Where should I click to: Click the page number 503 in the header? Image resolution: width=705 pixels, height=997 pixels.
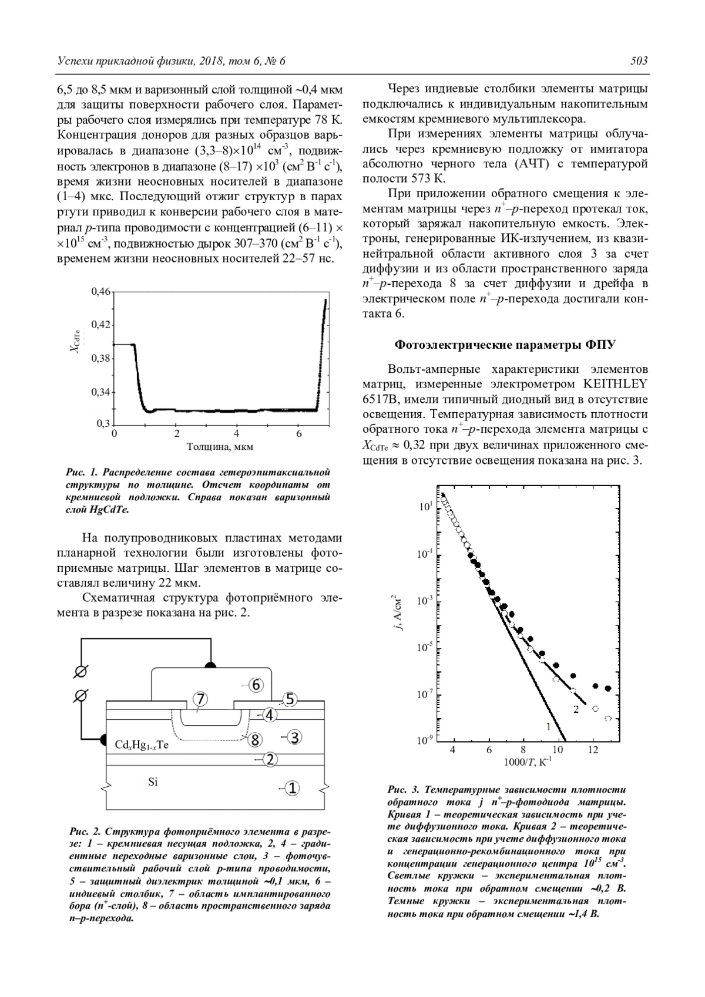[x=639, y=61]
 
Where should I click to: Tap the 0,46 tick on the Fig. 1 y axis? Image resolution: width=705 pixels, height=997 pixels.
[x=100, y=291]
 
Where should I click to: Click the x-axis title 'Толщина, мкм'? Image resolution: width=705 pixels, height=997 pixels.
[x=220, y=446]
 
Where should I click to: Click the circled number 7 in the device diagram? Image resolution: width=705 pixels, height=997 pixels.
[x=200, y=699]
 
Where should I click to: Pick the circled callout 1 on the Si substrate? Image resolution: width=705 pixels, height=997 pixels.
[x=292, y=788]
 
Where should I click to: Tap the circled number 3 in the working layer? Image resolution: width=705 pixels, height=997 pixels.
[x=294, y=736]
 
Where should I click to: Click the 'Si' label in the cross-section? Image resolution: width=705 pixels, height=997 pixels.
[x=153, y=782]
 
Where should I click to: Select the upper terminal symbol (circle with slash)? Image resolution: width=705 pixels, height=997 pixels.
[x=83, y=671]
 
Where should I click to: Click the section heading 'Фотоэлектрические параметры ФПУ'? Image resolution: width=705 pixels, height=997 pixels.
[x=505, y=344]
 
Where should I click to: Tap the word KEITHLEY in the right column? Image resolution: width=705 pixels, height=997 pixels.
[x=615, y=384]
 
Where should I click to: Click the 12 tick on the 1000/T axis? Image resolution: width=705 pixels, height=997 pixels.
[x=593, y=749]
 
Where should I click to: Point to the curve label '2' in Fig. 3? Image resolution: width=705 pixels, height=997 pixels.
[x=576, y=709]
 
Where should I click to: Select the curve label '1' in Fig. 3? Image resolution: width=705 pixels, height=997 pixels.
[x=548, y=726]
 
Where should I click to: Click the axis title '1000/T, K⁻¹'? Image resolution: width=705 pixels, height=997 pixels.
[x=527, y=762]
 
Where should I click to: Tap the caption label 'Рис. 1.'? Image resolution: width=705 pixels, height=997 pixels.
[x=81, y=472]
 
